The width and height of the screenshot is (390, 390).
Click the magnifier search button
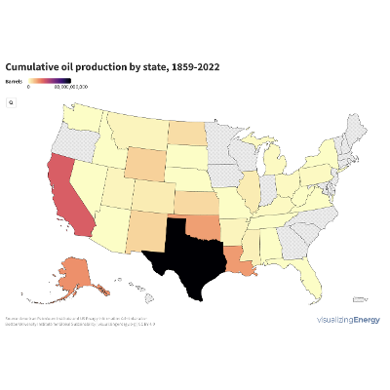click(11, 101)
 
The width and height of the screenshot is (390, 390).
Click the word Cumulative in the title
click(33, 66)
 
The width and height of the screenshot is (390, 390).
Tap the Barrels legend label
click(14, 80)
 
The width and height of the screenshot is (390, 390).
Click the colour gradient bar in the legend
click(50, 80)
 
